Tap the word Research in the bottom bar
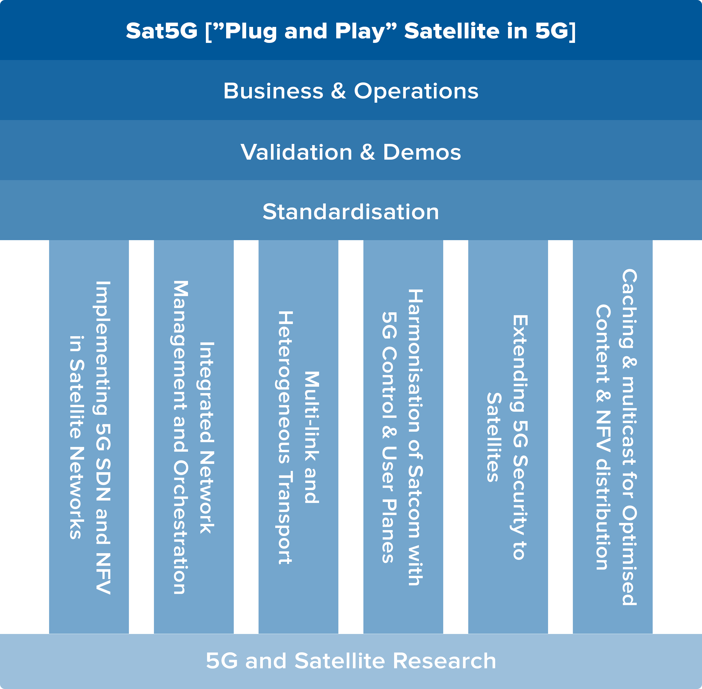click(444, 661)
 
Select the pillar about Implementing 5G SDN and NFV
click(89, 437)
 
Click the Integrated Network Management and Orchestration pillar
click(194, 437)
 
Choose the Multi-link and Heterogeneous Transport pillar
click(299, 437)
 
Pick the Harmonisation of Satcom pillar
click(403, 437)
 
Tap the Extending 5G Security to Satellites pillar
click(508, 437)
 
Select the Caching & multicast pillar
click(613, 437)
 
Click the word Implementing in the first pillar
click(102, 348)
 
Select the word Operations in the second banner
click(416, 91)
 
